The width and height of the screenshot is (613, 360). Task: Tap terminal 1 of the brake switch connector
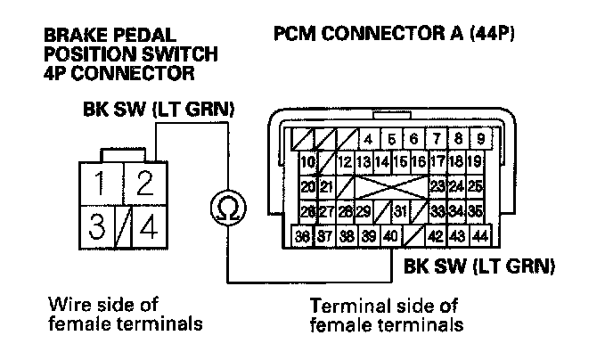(x=103, y=184)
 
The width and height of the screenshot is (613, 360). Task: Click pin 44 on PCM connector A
(x=480, y=236)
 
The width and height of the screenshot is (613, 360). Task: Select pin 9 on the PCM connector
(x=480, y=139)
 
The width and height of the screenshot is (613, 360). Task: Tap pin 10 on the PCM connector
(x=307, y=162)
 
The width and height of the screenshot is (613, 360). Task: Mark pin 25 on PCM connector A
(x=475, y=187)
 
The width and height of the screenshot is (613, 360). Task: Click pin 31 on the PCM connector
(x=402, y=212)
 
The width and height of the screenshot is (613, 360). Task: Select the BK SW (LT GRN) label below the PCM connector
(x=480, y=266)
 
